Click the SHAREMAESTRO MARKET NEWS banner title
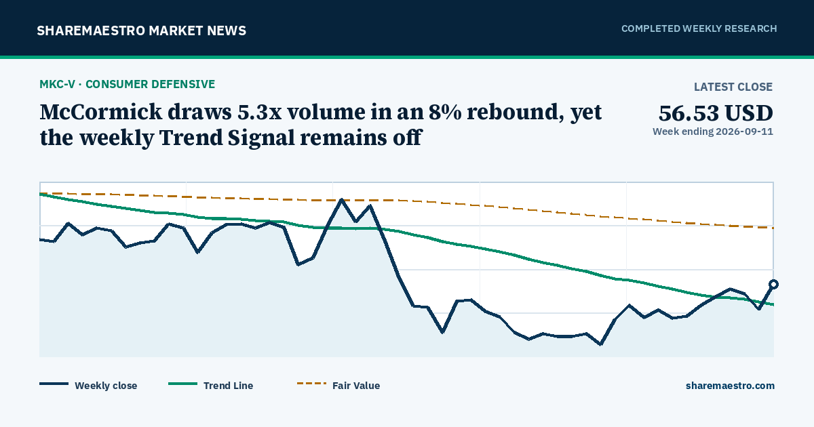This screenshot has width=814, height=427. [141, 30]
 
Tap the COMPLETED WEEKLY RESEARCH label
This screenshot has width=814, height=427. [699, 28]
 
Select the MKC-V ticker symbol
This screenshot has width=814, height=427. [58, 84]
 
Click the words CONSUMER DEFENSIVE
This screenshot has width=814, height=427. [151, 84]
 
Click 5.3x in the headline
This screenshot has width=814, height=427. [259, 112]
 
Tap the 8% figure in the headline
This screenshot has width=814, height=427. [446, 112]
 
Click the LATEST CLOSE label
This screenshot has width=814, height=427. [733, 87]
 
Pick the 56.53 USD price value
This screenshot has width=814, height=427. [716, 113]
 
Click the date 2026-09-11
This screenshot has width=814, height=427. [744, 131]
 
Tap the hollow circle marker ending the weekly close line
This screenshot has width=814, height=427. [774, 284]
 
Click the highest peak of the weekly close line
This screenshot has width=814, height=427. [342, 199]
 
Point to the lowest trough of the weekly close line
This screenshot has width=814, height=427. [600, 344]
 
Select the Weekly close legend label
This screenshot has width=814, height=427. [106, 386]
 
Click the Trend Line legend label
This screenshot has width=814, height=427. [228, 386]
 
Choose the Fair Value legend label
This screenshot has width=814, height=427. [356, 386]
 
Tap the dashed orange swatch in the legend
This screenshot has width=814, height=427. [311, 384]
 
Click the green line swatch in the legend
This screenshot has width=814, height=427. [182, 384]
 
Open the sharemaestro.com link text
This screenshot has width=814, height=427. [730, 386]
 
